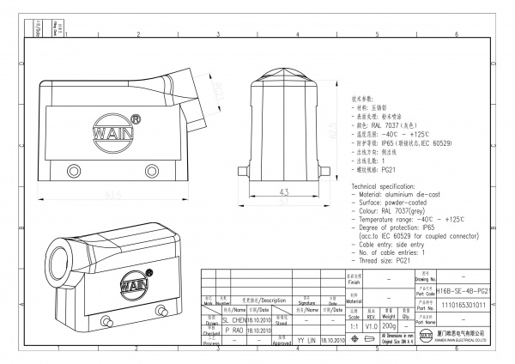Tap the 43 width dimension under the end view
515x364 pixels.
283,191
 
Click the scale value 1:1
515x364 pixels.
353,326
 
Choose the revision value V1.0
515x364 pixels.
372,326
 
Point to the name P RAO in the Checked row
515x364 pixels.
233,328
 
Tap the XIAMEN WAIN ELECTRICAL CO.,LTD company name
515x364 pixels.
458,341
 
